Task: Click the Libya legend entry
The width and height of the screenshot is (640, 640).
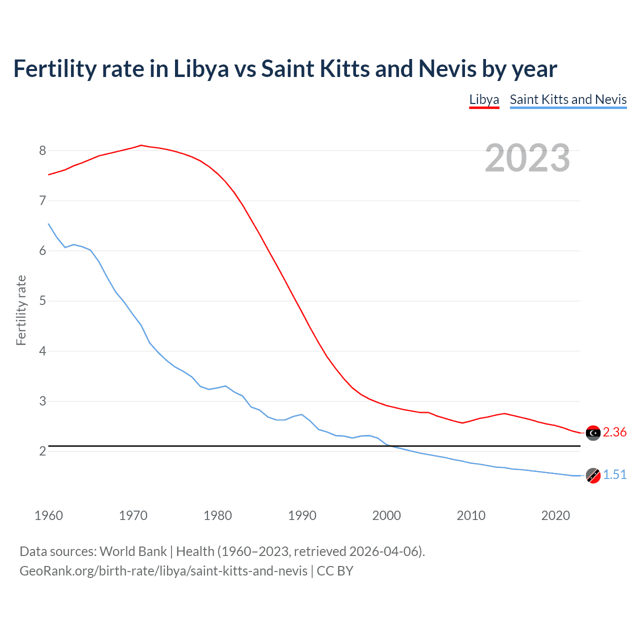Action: point(484,99)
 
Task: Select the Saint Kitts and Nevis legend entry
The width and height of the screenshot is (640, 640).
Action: point(568,99)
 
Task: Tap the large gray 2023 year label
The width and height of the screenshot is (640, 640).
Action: point(527,158)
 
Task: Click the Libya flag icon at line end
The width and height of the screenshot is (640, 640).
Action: point(593,432)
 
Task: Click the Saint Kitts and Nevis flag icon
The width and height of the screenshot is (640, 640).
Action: point(593,475)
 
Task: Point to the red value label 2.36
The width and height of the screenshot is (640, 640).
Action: point(614,432)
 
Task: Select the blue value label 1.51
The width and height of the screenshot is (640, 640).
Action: point(614,475)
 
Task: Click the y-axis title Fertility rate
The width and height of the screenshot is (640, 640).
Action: point(21,310)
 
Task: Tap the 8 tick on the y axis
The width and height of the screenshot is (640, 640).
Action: point(42,150)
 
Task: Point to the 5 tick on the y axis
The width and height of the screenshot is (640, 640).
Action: point(42,301)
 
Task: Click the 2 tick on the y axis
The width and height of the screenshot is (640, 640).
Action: point(42,451)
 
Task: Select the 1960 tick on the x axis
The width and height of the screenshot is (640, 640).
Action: point(48,515)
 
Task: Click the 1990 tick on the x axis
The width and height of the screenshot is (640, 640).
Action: point(302,515)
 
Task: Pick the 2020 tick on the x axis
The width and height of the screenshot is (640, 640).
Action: point(555,515)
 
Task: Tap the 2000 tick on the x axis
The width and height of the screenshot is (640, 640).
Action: point(386,515)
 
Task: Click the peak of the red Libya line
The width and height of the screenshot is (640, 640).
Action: point(141,145)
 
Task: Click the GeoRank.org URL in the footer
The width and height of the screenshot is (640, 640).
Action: point(163,571)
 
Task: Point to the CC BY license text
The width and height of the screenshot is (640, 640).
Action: point(335,571)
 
